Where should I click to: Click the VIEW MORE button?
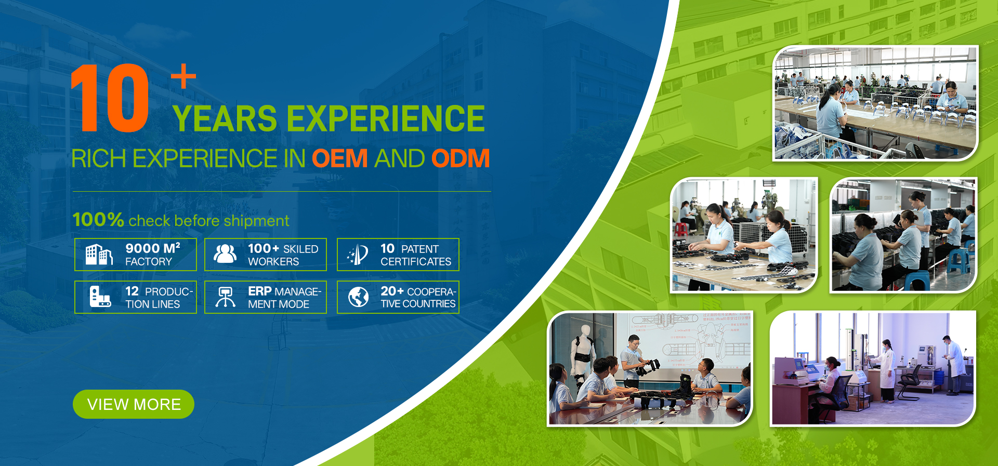(x=134, y=404)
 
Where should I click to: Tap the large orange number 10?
(x=110, y=98)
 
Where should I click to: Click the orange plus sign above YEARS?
(x=183, y=76)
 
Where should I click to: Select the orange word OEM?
(x=340, y=158)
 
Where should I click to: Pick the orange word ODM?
(x=461, y=158)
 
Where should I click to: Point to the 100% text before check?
(x=98, y=220)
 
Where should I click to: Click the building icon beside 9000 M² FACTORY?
(x=99, y=255)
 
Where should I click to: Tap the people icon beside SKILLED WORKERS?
(x=226, y=254)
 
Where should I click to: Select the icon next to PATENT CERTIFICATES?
(x=359, y=255)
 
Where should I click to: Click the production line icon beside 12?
(x=100, y=297)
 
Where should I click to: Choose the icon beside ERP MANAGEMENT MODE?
(x=226, y=297)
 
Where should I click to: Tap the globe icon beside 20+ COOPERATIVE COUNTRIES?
(x=359, y=297)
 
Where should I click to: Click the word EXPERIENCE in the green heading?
(x=386, y=118)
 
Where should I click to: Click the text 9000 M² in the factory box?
(x=153, y=248)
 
